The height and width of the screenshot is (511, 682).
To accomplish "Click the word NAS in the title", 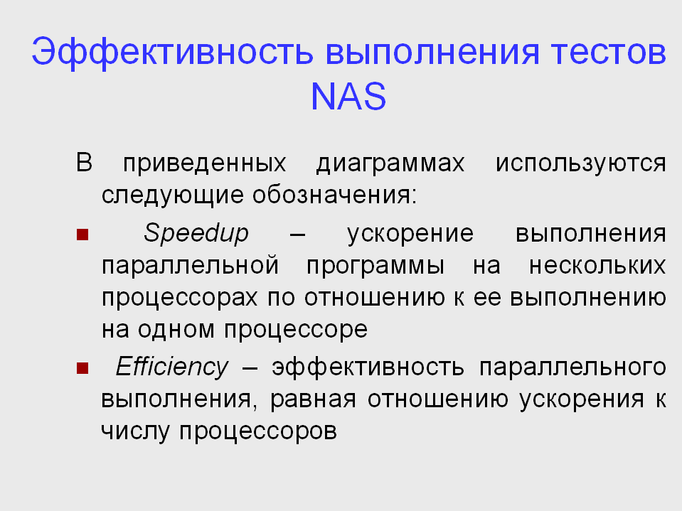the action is click(x=348, y=97).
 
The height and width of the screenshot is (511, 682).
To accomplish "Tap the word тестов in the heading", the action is click(x=609, y=53).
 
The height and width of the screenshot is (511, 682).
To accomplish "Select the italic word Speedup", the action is click(x=196, y=233).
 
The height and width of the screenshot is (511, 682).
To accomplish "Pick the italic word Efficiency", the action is click(x=172, y=367).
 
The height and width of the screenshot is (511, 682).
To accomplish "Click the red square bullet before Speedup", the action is click(x=82, y=235).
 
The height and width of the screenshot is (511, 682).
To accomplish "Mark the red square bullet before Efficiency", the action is click(x=82, y=368).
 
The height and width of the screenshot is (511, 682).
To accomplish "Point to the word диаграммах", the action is click(x=390, y=164).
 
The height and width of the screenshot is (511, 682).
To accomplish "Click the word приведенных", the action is click(x=204, y=164).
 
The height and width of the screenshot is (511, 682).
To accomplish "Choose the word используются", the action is click(x=581, y=163).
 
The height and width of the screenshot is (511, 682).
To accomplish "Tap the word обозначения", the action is click(x=335, y=195).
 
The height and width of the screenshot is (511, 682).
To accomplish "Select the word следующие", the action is click(x=172, y=195).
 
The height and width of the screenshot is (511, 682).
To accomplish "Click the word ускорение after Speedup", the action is click(x=410, y=235).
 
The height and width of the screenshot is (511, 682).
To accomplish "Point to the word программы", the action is click(x=375, y=267).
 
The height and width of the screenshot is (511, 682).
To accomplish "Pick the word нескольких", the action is click(x=597, y=266).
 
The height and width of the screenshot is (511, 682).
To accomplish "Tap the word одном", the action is click(x=176, y=329).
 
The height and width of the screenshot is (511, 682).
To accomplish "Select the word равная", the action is click(x=313, y=400).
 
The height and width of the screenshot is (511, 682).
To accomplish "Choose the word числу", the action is click(x=135, y=432).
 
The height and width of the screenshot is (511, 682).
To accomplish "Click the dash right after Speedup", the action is click(x=297, y=235).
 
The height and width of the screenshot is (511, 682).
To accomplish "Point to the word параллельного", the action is click(x=572, y=368).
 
